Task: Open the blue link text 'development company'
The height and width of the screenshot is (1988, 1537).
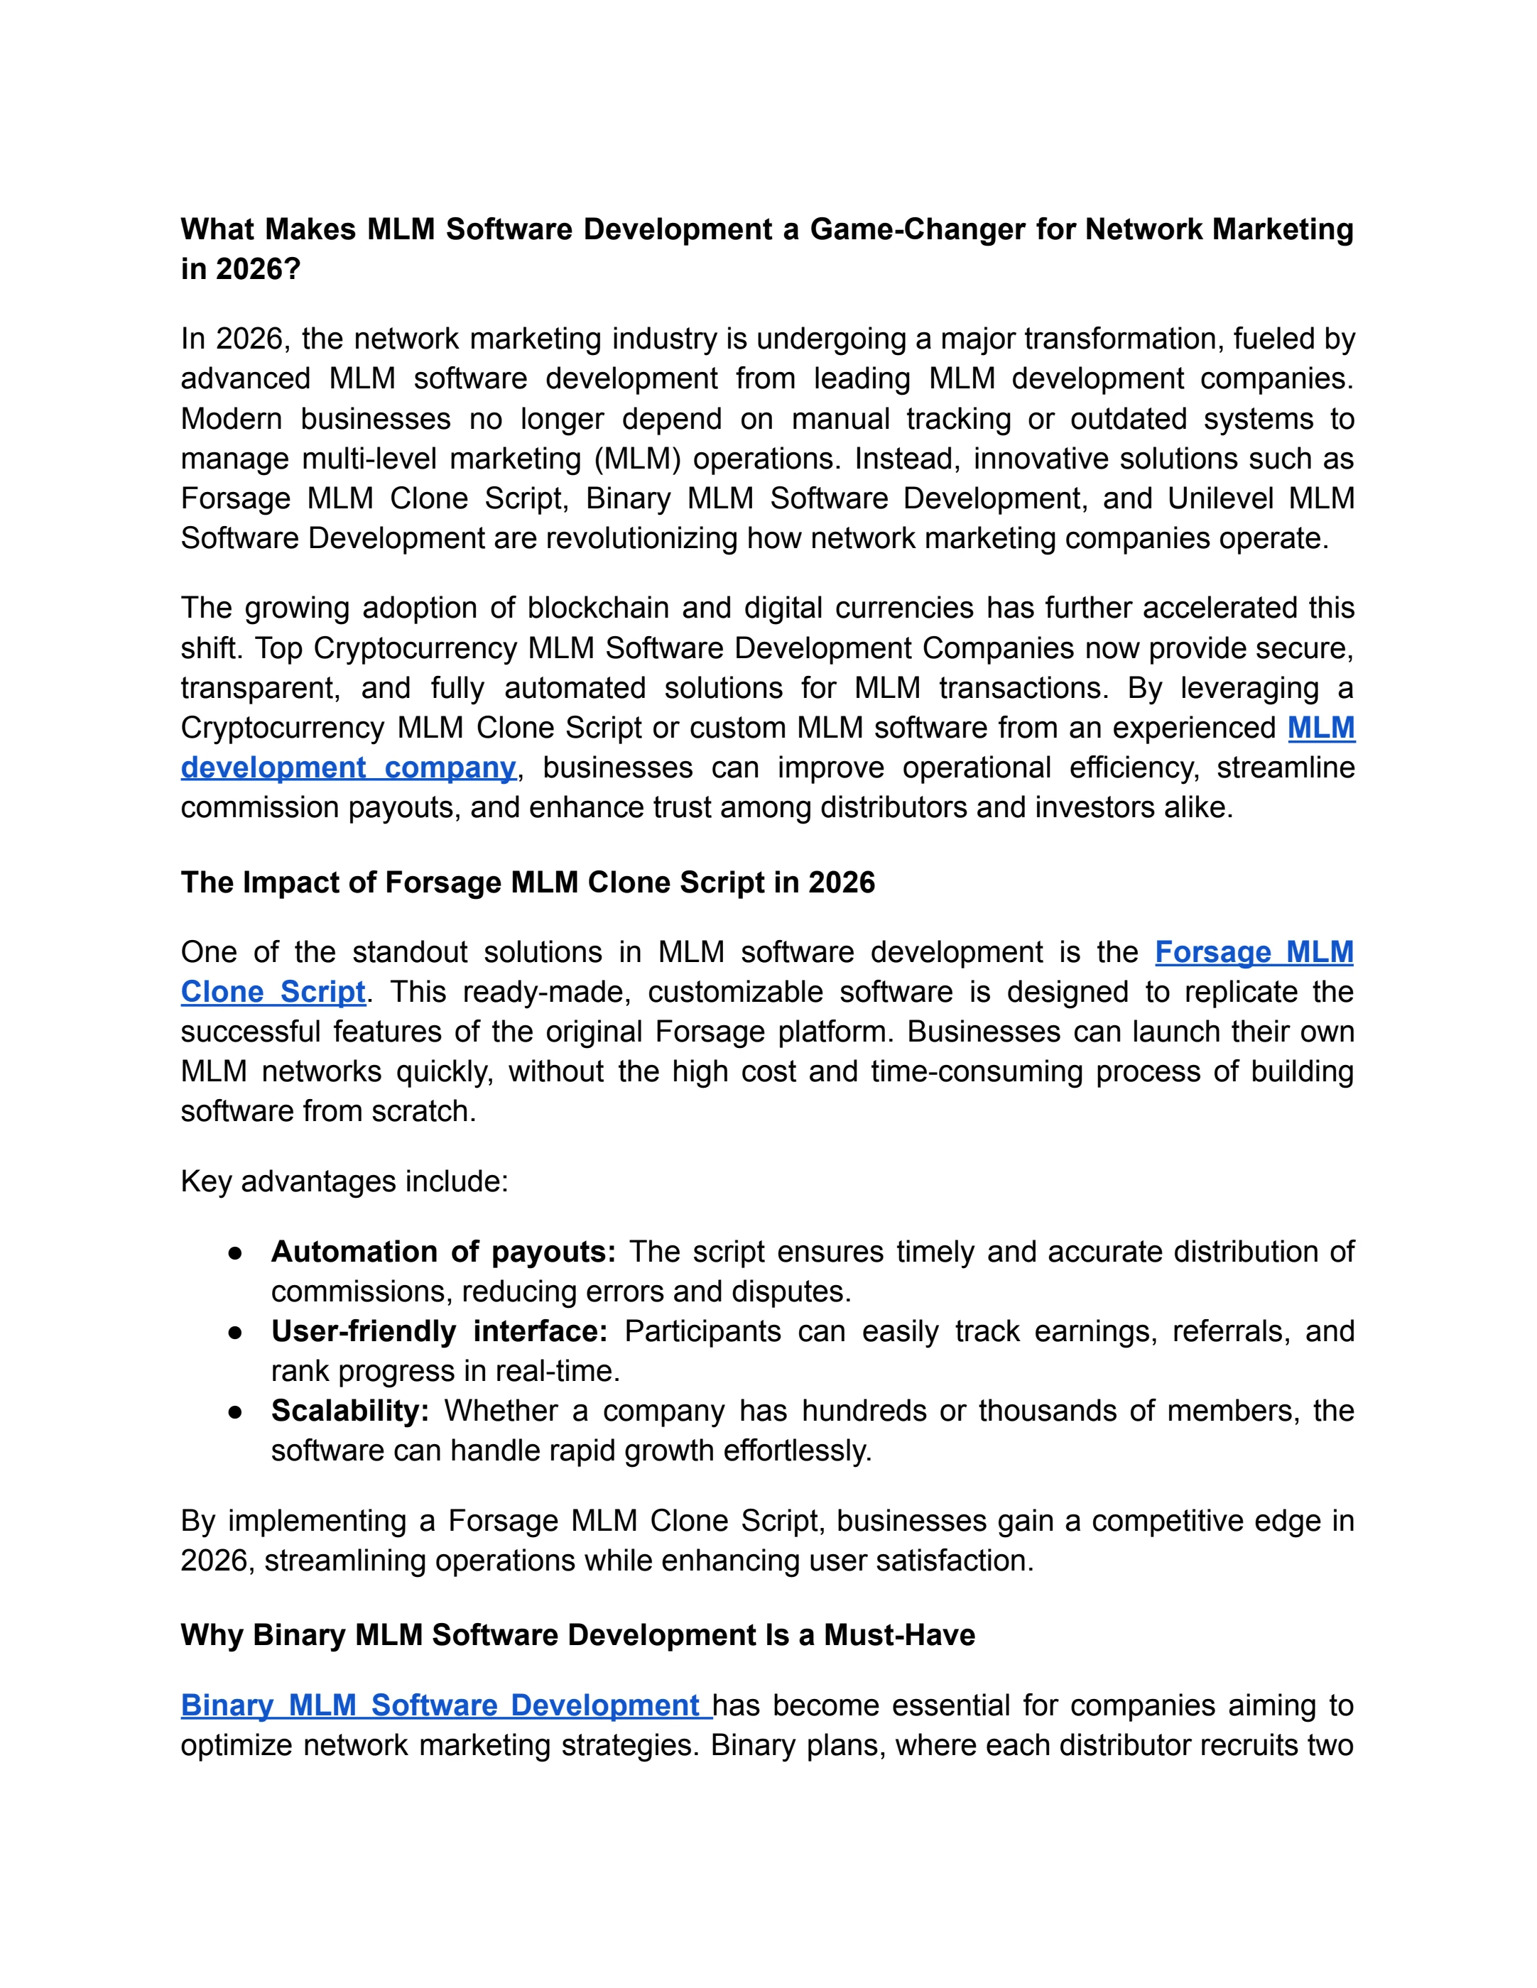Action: tap(348, 768)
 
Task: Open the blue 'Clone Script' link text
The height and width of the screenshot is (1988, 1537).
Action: tap(273, 992)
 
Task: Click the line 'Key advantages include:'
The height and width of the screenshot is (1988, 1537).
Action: tap(344, 1182)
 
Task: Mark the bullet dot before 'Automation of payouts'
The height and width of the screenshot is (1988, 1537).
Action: tap(236, 1253)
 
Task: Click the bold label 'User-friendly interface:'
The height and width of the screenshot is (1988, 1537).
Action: tap(439, 1332)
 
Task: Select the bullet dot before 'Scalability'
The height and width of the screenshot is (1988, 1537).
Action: tap(236, 1411)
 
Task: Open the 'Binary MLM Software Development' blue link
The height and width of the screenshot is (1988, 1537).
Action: tap(440, 1706)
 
